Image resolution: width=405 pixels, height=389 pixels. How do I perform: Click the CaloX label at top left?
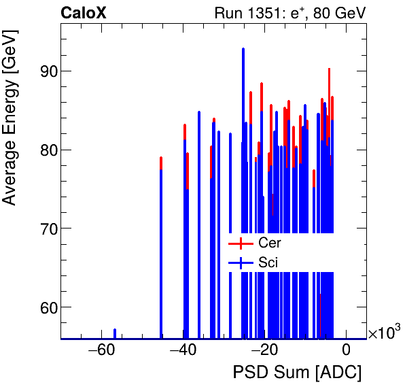pyautogui.click(x=83, y=12)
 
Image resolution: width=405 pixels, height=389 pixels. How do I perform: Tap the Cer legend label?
pyautogui.click(x=270, y=243)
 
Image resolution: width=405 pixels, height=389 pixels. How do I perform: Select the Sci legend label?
pyautogui.click(x=268, y=263)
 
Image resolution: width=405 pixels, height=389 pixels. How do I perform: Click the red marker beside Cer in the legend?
pyautogui.click(x=241, y=243)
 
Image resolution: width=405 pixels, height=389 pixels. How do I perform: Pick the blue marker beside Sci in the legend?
pyautogui.click(x=241, y=263)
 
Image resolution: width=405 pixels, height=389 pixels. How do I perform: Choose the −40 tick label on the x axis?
pyautogui.click(x=182, y=351)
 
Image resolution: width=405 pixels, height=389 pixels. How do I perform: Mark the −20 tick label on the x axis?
pyautogui.click(x=264, y=351)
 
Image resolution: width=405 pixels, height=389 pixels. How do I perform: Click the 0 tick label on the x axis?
pyautogui.click(x=346, y=351)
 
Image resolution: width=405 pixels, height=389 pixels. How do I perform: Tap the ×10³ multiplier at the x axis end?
pyautogui.click(x=384, y=333)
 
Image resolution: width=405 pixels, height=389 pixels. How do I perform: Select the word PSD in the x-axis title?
pyautogui.click(x=249, y=373)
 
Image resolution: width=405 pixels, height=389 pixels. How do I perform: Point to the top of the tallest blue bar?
pyautogui.click(x=243, y=49)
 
